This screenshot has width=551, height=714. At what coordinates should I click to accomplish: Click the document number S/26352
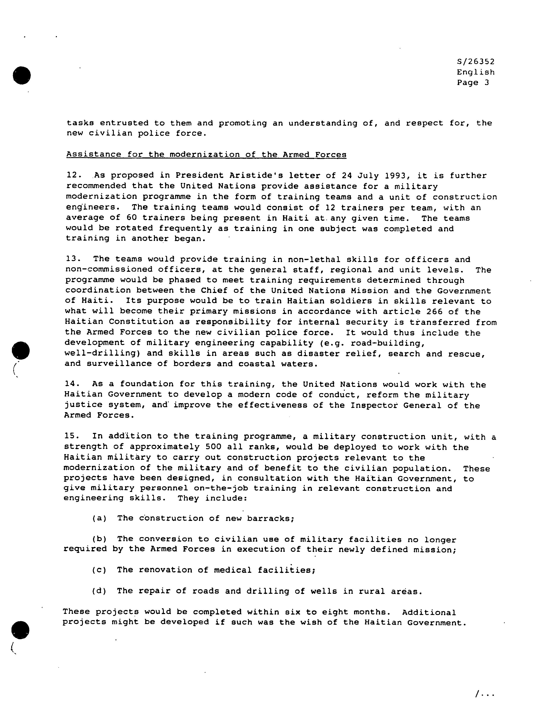tap(475, 61)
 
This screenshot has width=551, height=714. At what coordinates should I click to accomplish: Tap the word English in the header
tap(475, 72)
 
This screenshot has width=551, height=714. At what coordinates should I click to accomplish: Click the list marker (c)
tap(99, 570)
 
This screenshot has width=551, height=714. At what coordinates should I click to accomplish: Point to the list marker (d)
tap(99, 591)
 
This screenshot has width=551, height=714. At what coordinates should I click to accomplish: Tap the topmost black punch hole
tap(22, 75)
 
